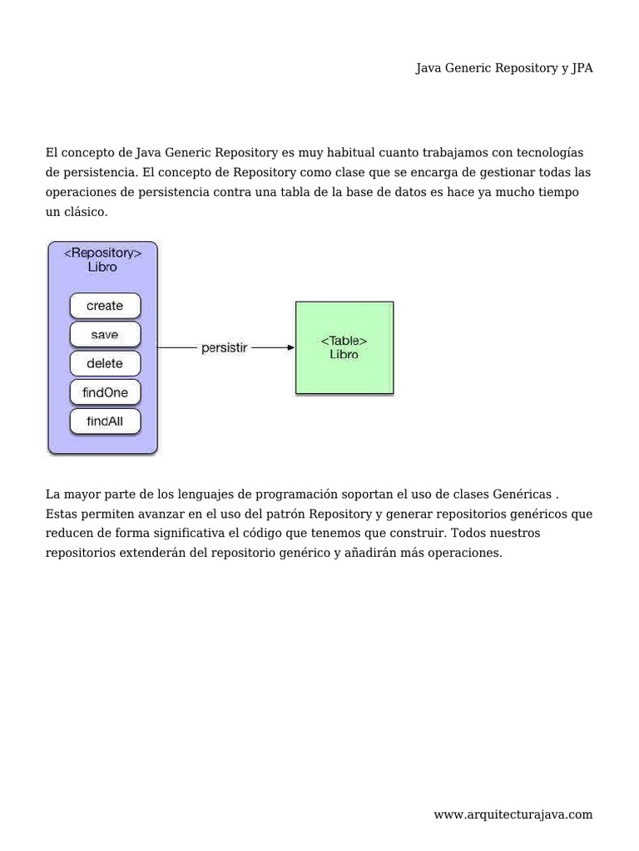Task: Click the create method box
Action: click(x=105, y=306)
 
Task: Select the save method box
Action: click(x=105, y=335)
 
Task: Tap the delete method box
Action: click(x=105, y=364)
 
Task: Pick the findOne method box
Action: click(x=105, y=392)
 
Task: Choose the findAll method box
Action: click(x=105, y=421)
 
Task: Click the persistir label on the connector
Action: click(x=224, y=347)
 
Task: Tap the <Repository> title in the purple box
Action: click(x=102, y=253)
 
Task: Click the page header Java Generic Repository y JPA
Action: click(x=504, y=69)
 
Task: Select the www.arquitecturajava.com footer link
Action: click(x=513, y=815)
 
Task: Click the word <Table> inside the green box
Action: click(x=344, y=341)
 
